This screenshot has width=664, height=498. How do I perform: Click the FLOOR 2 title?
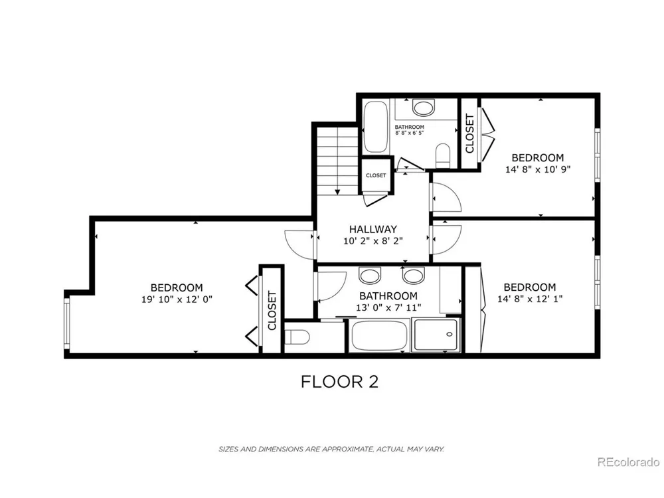pyautogui.click(x=339, y=382)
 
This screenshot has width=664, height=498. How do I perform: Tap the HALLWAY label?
pyautogui.click(x=373, y=229)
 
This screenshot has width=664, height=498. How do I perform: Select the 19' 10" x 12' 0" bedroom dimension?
pyautogui.click(x=177, y=299)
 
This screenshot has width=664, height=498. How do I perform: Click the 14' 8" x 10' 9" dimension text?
pyautogui.click(x=538, y=169)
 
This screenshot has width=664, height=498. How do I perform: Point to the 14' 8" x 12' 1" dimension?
pyautogui.click(x=530, y=299)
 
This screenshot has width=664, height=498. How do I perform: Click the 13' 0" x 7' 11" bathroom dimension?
pyautogui.click(x=388, y=308)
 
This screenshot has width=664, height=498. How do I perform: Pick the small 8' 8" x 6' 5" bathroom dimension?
pyautogui.click(x=410, y=133)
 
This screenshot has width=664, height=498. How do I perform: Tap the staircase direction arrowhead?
pyautogui.click(x=337, y=192)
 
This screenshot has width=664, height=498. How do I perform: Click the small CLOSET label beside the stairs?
pyautogui.click(x=376, y=175)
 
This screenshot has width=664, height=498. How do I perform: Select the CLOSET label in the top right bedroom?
pyautogui.click(x=469, y=134)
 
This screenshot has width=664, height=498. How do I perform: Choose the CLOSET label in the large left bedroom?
pyautogui.click(x=272, y=310)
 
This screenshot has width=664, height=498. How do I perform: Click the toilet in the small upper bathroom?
pyautogui.click(x=442, y=155)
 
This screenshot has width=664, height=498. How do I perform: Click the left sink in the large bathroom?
pyautogui.click(x=369, y=276)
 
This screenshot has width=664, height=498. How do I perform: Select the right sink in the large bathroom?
pyautogui.click(x=413, y=276)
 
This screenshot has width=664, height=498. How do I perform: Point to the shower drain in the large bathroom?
pyautogui.click(x=450, y=335)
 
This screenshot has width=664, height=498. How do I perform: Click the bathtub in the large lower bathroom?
pyautogui.click(x=378, y=336)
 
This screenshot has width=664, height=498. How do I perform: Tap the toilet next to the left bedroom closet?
pyautogui.click(x=297, y=337)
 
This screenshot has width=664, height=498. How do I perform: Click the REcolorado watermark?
pyautogui.click(x=628, y=462)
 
